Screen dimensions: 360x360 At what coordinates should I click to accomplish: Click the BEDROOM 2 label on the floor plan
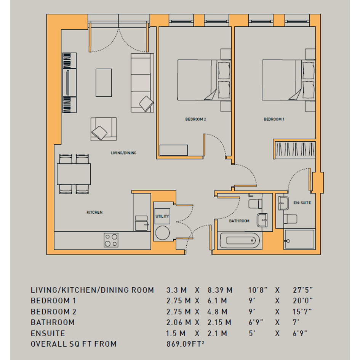[x=195, y=119]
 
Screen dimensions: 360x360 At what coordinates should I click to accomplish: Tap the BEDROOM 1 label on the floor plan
[x=274, y=119]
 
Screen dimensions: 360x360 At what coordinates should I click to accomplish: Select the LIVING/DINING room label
[x=123, y=153]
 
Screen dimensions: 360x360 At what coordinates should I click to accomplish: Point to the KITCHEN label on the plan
[x=94, y=212]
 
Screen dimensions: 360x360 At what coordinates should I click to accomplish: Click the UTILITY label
[x=162, y=216]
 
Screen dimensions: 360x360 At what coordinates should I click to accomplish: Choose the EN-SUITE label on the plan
[x=302, y=203]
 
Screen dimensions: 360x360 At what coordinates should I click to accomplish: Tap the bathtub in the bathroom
[x=240, y=240]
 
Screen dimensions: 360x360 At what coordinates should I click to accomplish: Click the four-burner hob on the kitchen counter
[x=111, y=240]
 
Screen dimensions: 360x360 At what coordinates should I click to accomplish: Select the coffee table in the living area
[x=104, y=83]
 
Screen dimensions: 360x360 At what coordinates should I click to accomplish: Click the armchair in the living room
[x=104, y=129]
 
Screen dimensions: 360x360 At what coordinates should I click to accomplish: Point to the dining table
[x=74, y=174]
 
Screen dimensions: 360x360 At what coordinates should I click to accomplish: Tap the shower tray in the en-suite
[x=299, y=239]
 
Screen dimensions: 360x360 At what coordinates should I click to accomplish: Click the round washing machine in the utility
[x=162, y=233]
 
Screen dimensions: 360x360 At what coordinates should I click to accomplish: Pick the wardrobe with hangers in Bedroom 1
[x=295, y=149]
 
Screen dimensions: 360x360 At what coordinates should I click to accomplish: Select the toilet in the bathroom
[x=255, y=204]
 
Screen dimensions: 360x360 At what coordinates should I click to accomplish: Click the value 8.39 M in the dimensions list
[x=220, y=290]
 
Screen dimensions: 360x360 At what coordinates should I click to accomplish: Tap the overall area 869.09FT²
[x=185, y=344]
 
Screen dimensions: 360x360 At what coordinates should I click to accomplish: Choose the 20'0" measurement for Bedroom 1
[x=302, y=301]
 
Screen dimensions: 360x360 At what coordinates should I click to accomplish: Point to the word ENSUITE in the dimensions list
[x=48, y=333]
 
